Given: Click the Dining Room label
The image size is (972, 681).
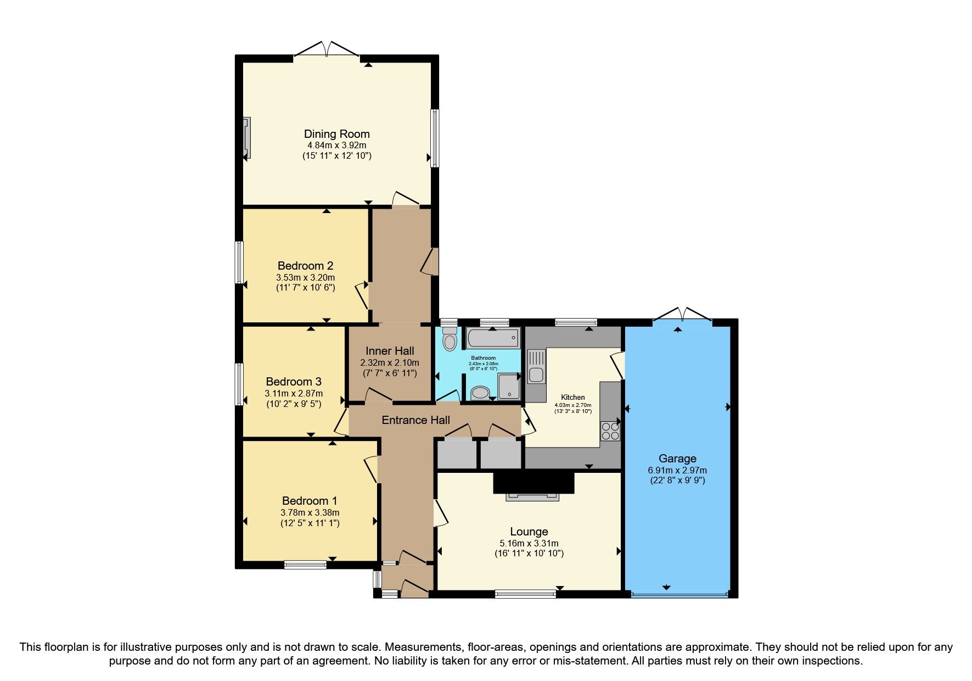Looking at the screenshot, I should click(336, 134).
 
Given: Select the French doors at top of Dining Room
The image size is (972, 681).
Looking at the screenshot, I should click(327, 51).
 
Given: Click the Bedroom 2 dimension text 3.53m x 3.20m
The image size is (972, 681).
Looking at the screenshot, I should click(305, 277).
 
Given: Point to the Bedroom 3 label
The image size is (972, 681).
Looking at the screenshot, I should click(293, 382).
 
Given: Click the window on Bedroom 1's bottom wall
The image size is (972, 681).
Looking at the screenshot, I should click(305, 565).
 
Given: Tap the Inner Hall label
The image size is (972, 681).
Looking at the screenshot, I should click(390, 351).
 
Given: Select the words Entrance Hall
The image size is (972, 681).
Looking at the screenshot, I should click(415, 420).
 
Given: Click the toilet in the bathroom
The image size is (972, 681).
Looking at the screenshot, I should click(450, 339).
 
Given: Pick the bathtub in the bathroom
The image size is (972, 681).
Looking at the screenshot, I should click(493, 338).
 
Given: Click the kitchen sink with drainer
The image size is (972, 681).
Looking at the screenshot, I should click(535, 367).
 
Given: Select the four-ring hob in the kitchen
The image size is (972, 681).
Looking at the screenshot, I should click(610, 431).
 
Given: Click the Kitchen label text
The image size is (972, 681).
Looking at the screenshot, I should click(572, 397).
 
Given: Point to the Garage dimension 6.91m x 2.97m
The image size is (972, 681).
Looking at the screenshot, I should click(677, 470).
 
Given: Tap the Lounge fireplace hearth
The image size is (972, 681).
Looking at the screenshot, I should click(532, 496).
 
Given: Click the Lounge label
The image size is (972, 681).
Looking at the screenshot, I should click(529, 532).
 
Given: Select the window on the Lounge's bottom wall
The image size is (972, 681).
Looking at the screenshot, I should click(525, 594).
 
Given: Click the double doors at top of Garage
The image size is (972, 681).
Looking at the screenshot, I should click(682, 315).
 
